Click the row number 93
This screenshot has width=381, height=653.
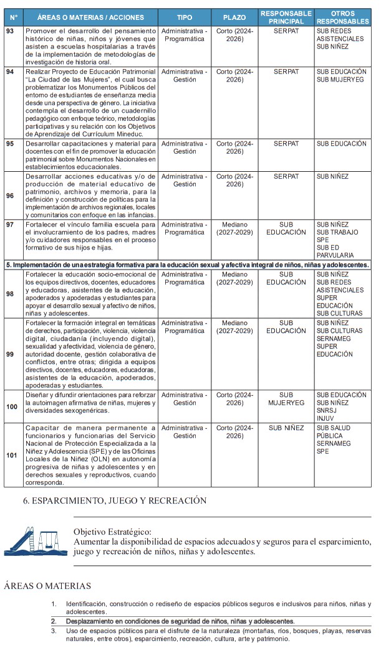click(x=9, y=31)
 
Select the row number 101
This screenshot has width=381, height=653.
click(x=11, y=455)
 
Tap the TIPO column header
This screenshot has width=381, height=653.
click(x=185, y=17)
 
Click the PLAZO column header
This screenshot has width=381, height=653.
click(x=234, y=17)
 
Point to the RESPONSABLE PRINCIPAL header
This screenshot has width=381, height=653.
click(x=286, y=17)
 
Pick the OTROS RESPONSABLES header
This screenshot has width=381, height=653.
click(x=342, y=17)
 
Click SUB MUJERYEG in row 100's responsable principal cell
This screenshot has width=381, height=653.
click(x=286, y=398)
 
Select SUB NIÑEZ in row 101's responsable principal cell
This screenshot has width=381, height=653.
click(x=286, y=428)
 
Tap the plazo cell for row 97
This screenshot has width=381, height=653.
click(x=234, y=228)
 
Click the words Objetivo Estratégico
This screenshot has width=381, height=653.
click(x=112, y=532)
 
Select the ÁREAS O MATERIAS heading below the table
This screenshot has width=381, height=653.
click(x=47, y=586)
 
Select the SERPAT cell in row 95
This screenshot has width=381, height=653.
click(x=286, y=144)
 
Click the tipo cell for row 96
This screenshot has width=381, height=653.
click(x=185, y=180)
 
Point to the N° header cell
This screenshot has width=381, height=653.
click(x=14, y=17)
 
